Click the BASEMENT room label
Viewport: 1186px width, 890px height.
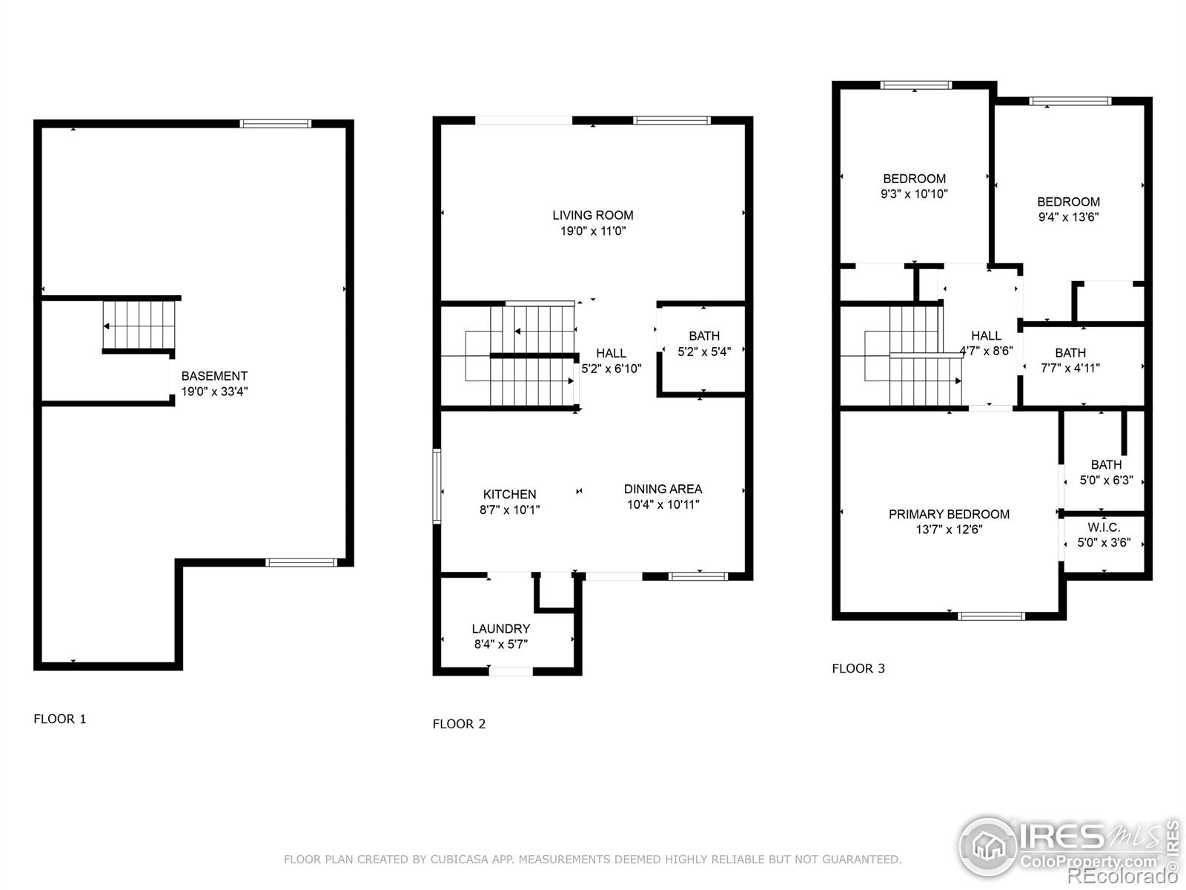(214, 376)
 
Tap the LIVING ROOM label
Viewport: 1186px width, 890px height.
(592, 215)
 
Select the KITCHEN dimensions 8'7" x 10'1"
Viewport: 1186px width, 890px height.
(509, 510)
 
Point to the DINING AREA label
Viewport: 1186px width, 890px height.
(663, 489)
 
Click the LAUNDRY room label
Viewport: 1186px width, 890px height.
(500, 629)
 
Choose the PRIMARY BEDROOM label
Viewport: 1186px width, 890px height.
(949, 514)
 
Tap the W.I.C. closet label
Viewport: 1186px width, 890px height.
(1104, 527)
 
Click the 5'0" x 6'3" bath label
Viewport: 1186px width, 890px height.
(1106, 472)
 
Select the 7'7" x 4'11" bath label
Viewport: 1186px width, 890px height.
(1070, 360)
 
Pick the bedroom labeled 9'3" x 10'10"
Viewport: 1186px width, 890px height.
(914, 186)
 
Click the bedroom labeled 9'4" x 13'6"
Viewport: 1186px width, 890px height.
(1068, 209)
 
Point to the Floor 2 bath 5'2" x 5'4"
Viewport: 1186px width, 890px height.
(703, 344)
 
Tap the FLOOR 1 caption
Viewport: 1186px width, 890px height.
(60, 719)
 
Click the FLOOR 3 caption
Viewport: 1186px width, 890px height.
(858, 668)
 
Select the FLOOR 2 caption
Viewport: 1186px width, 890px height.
(459, 724)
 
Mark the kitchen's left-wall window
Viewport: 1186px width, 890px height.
(437, 487)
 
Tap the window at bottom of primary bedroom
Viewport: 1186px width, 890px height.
(991, 616)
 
